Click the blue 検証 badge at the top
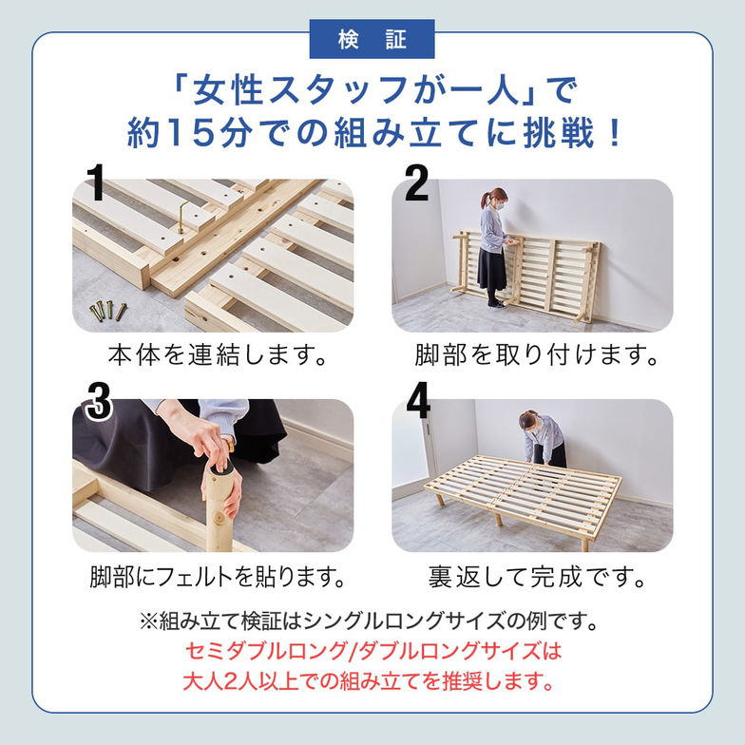[x=372, y=39]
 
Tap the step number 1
[x=95, y=182]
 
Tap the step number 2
[x=416, y=182]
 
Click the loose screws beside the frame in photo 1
[x=108, y=310]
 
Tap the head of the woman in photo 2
[x=494, y=199]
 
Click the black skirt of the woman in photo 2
[x=492, y=268]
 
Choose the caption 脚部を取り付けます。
[x=537, y=356]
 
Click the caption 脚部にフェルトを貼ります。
[x=216, y=577]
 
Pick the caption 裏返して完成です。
[x=537, y=577]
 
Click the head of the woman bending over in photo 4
[x=527, y=419]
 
